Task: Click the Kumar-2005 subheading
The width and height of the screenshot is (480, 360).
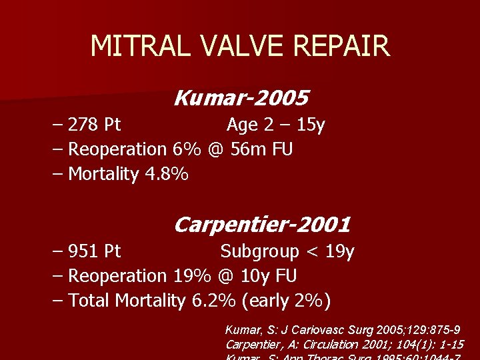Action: tap(241, 99)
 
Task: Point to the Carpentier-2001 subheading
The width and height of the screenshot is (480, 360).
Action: tap(262, 225)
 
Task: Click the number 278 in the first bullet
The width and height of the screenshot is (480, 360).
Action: tap(83, 125)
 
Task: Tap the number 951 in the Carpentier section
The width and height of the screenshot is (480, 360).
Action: tap(83, 251)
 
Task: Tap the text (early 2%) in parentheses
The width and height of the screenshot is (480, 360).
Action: tap(287, 301)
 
